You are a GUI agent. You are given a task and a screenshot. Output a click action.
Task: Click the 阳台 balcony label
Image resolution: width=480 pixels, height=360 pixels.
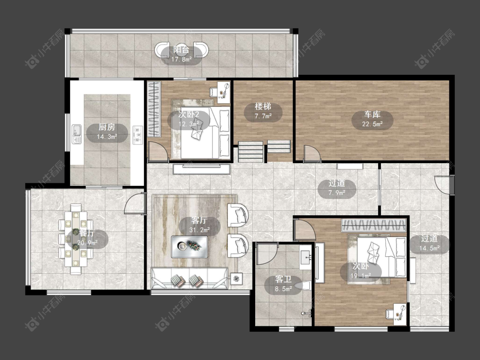pyautogui.click(x=181, y=50)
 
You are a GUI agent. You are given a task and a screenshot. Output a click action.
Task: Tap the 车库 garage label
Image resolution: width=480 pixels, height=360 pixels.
pyautogui.click(x=372, y=114)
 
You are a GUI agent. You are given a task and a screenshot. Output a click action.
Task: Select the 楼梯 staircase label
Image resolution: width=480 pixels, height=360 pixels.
pyautogui.click(x=263, y=107)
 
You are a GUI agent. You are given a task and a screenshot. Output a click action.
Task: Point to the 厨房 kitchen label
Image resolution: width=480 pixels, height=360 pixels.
pyautogui.click(x=107, y=127)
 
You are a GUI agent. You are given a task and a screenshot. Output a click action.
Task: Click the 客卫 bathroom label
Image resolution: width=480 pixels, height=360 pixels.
pyautogui.click(x=283, y=279)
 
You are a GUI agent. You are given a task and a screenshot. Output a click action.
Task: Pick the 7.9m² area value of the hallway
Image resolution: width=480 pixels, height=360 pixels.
pyautogui.click(x=337, y=193)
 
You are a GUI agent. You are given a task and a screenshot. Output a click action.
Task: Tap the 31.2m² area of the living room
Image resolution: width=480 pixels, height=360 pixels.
pyautogui.click(x=199, y=229)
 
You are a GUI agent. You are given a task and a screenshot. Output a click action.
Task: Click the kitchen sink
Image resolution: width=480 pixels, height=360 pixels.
pyautogui.click(x=76, y=134)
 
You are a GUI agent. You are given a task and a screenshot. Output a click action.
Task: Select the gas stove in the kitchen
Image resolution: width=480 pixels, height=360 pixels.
pyautogui.click(x=138, y=135)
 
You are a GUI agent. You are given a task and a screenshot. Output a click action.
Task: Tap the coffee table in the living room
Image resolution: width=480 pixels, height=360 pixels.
pyautogui.click(x=189, y=247)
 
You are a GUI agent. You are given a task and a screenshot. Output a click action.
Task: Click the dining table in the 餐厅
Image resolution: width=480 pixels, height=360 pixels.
pyautogui.click(x=76, y=239)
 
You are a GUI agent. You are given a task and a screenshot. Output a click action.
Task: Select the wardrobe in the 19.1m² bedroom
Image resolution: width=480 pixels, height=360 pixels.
pyautogui.click(x=374, y=225)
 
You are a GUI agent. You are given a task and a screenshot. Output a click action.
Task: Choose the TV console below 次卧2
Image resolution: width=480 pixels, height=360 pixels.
pyautogui.click(x=201, y=169)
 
